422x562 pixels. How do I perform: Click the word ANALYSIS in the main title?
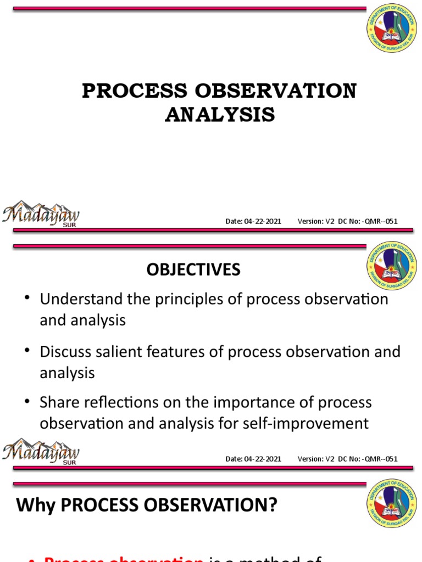pyautogui.click(x=220, y=115)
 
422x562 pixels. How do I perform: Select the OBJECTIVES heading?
pyautogui.click(x=193, y=269)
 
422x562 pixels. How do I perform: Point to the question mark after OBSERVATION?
pyautogui.click(x=272, y=505)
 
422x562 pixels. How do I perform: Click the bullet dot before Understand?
pyautogui.click(x=27, y=297)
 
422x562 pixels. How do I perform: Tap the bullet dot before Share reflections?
pyautogui.click(x=27, y=401)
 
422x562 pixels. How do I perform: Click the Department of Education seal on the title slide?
pyautogui.click(x=391, y=31)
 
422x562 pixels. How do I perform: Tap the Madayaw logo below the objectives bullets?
pyautogui.click(x=41, y=452)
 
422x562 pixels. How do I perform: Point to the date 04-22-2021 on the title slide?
pyautogui.click(x=263, y=221)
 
